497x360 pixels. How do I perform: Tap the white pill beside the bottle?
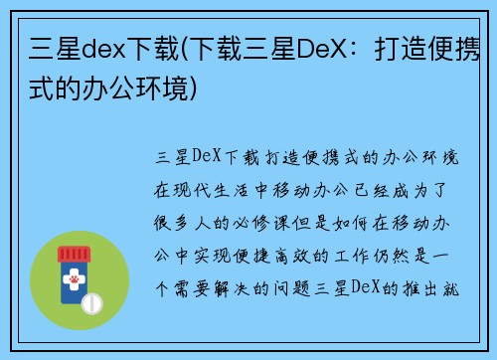tap(92, 301)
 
